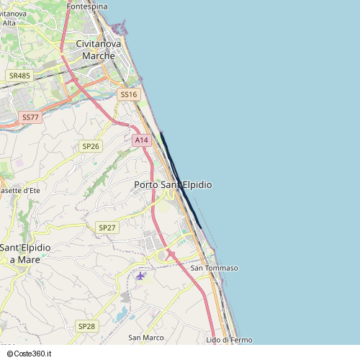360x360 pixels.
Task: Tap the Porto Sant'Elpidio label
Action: click(173, 185)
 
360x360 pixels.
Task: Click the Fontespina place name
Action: click(86, 6)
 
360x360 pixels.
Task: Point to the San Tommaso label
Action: click(214, 269)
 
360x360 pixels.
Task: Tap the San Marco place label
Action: click(146, 337)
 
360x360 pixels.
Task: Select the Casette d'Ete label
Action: click(19, 191)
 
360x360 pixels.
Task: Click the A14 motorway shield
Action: click(141, 140)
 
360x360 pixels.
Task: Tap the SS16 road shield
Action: click(127, 94)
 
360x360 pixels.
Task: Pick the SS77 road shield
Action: click(30, 117)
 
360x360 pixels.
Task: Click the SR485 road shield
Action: click(19, 76)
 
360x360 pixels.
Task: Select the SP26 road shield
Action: click(91, 146)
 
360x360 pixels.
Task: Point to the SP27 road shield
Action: click(107, 228)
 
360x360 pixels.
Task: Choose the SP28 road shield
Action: click(86, 326)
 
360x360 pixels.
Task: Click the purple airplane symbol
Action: click(140, 275)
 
